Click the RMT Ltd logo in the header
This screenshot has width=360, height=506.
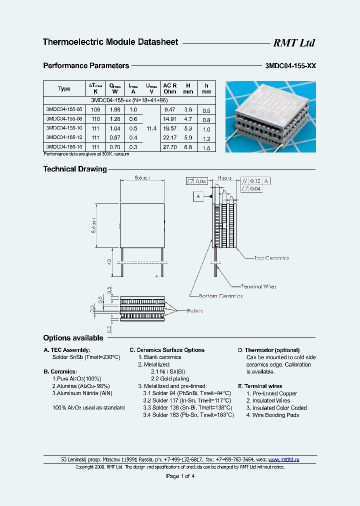293,43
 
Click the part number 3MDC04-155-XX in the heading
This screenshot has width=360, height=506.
289,66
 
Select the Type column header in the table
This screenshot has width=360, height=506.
64,88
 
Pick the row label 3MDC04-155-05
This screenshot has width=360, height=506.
64,109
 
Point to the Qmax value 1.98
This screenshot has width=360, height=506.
115,109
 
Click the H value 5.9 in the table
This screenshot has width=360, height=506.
187,137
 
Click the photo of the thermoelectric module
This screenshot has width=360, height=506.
270,117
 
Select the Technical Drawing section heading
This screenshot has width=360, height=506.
75,169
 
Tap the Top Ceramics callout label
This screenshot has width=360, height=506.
271,258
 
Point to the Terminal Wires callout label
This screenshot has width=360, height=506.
258,286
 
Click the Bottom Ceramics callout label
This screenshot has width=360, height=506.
220,295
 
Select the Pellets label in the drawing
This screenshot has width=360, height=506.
195,310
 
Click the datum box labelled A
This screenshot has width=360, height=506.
198,196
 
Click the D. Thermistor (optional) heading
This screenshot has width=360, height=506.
268,350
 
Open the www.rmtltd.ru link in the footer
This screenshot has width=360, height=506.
283,459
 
